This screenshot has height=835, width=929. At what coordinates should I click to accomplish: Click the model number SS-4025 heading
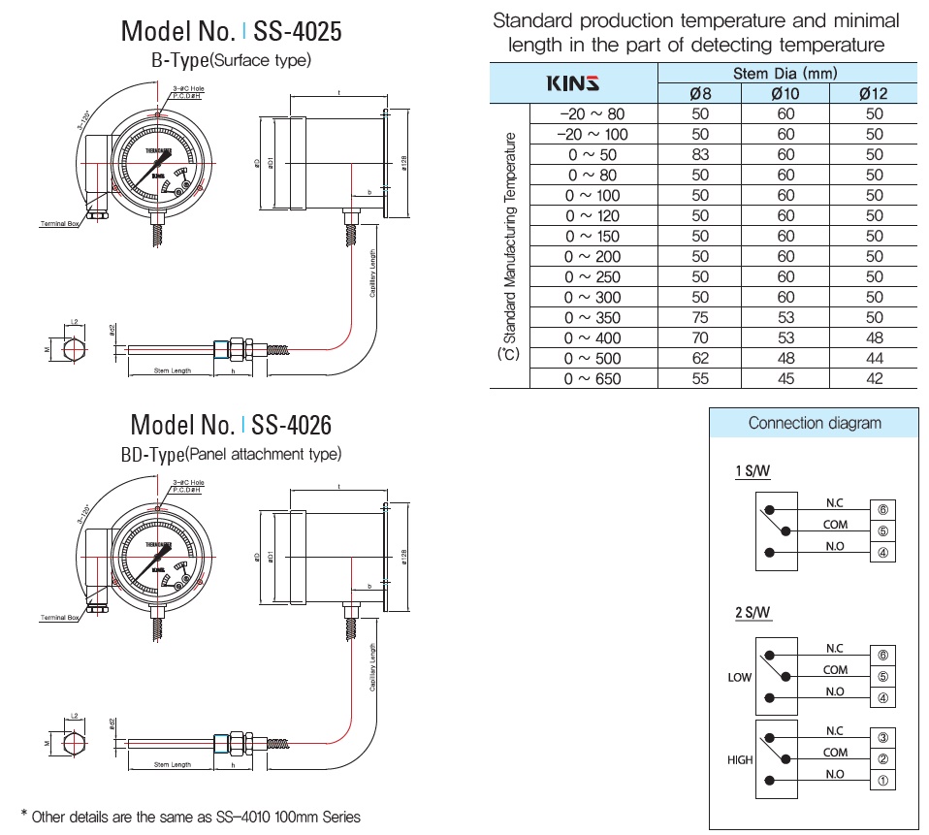click(x=231, y=31)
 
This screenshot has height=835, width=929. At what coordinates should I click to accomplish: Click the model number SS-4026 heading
click(x=231, y=425)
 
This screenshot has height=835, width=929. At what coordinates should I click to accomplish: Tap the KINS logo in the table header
click(x=573, y=83)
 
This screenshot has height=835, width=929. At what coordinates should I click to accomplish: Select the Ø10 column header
click(x=785, y=94)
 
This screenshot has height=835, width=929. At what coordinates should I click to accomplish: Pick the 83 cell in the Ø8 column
click(x=700, y=155)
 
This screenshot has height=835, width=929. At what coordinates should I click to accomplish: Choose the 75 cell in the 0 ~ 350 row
click(x=700, y=318)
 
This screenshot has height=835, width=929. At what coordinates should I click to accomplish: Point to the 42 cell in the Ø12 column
click(x=874, y=379)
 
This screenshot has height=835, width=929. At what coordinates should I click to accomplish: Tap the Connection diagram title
click(x=815, y=423)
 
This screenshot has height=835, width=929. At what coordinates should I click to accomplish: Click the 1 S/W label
click(x=753, y=472)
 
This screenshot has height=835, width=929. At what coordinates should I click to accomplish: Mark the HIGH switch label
click(x=740, y=760)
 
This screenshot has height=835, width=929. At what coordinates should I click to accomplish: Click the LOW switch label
click(x=739, y=677)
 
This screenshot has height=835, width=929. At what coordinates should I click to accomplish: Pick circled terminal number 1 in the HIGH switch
click(x=882, y=781)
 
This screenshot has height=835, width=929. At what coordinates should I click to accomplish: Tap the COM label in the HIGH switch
click(x=835, y=753)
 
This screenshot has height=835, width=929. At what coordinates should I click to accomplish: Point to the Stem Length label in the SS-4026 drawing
click(x=173, y=765)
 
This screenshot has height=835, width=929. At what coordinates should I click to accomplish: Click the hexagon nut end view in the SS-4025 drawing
click(x=76, y=349)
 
